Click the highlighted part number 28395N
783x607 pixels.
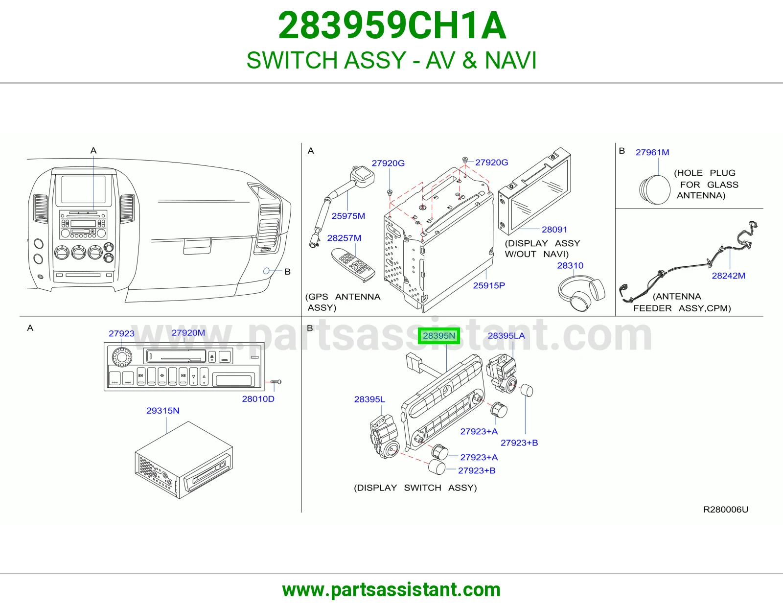click(438, 336)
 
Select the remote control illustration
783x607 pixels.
click(353, 265)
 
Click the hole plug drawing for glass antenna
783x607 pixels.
click(654, 190)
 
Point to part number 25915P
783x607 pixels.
click(488, 285)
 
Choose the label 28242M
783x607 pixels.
click(728, 276)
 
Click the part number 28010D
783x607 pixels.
click(258, 399)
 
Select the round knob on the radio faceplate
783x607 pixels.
click(122, 357)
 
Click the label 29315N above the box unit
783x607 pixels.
click(163, 411)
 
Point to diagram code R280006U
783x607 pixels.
click(725, 509)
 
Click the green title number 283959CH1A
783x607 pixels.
click(392, 25)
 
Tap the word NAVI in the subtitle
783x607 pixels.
click(510, 60)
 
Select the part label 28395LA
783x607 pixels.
click(506, 336)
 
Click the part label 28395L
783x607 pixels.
click(369, 399)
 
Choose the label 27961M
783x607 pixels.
click(652, 152)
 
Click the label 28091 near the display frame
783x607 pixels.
click(554, 230)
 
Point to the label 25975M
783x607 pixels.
click(348, 216)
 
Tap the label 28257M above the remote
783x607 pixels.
click(344, 238)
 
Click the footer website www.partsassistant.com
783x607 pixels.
click(391, 590)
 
